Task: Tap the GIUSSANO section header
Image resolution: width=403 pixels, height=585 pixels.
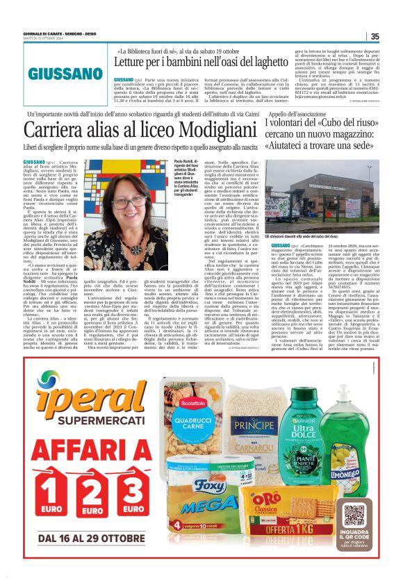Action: pos(66,74)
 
